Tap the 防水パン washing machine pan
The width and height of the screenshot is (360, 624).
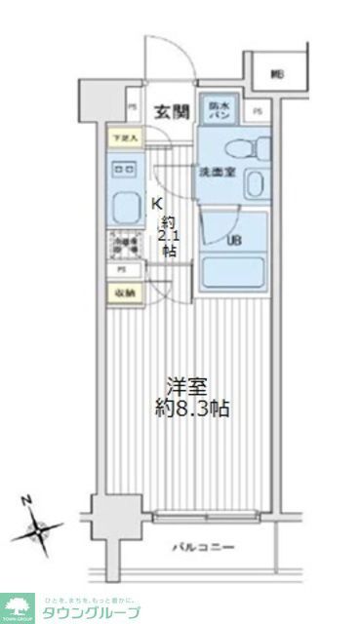216,110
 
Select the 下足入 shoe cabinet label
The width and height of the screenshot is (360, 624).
123,138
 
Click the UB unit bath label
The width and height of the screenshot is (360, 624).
235,239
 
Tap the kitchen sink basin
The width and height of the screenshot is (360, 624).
125,207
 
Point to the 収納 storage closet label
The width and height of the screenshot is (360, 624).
124,292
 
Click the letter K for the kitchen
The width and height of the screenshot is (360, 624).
156,203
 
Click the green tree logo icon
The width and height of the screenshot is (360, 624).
19,606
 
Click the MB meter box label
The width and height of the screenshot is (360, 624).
278,73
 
